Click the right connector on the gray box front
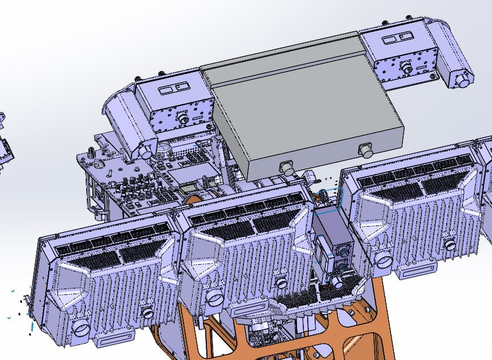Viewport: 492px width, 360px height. pyautogui.click(x=365, y=151)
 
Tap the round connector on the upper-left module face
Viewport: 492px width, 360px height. pyautogui.click(x=183, y=118)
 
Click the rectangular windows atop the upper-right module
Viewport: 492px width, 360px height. pyautogui.click(x=396, y=39)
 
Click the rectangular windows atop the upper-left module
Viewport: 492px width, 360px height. pyautogui.click(x=173, y=88)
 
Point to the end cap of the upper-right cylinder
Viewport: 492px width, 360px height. pyautogui.click(x=464, y=80)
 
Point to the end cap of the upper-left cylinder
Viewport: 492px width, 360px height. pyautogui.click(x=146, y=151)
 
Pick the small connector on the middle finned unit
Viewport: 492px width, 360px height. pyautogui.click(x=280, y=282)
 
